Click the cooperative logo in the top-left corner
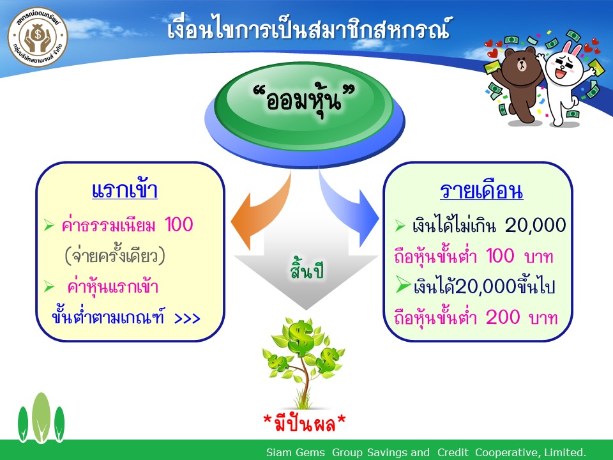[38, 36]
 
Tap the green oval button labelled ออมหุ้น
[304, 101]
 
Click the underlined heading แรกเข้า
[125, 190]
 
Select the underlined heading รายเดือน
[481, 191]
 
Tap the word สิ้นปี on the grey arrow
[307, 269]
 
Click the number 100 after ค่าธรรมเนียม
[179, 224]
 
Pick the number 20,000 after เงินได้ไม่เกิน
[535, 226]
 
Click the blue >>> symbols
[187, 318]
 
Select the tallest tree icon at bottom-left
[41, 418]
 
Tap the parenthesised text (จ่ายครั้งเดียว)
[115, 255]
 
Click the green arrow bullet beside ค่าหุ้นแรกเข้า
[49, 286]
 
